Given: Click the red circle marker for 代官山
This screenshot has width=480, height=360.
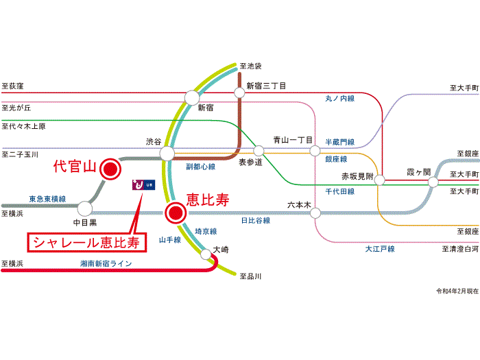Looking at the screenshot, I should coord(109,169).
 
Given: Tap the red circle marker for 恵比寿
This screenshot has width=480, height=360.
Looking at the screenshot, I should coord(176,213).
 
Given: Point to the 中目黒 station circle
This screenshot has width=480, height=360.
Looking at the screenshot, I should coord(85,208).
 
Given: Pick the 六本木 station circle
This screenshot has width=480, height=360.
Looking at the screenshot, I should coord(315,213).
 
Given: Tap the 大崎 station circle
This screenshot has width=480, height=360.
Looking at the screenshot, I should coord(206,255).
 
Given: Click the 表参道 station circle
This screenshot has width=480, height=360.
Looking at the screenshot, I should coord(259,151).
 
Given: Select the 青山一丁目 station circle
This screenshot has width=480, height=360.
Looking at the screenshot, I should coord(314,151).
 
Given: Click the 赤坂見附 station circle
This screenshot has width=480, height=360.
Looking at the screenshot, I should coord(382,182).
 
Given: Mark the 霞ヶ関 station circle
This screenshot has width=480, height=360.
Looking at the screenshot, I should coord(433,182).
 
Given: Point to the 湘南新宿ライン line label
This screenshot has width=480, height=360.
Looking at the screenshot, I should coord(106,263).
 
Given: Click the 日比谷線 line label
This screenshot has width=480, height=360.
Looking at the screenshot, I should coord(255,221).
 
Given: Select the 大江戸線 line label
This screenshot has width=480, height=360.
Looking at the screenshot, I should coord(379,249).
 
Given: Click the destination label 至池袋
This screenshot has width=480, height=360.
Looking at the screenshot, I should coord(251,67).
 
